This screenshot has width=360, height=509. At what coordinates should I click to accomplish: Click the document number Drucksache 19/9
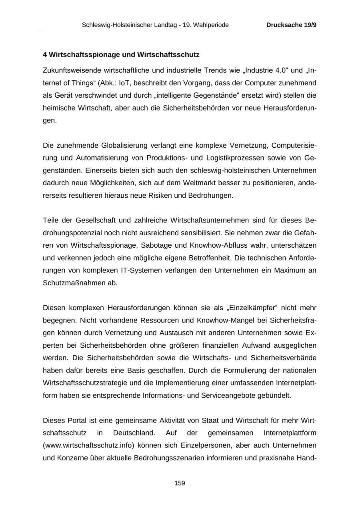pos(291,25)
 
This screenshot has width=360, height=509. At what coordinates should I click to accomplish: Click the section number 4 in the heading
pos(45,54)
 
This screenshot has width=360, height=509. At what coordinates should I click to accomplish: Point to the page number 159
pos(180,483)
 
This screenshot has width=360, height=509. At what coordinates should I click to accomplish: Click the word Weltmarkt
pos(186,183)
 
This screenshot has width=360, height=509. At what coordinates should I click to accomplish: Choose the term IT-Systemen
pos(139,270)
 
